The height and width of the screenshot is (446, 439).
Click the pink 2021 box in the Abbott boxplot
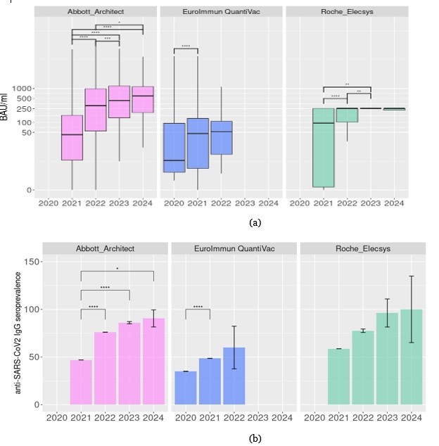71,137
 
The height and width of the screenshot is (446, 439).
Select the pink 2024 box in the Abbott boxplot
143,99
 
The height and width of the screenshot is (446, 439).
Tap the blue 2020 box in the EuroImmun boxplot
174,147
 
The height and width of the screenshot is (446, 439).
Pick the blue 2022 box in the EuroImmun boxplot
221,137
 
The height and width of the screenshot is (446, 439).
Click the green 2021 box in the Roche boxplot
323,147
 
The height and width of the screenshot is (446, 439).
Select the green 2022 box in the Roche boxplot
347,115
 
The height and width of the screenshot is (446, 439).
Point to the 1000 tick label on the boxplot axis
25,88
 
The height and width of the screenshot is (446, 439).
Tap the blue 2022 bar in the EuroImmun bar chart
234,376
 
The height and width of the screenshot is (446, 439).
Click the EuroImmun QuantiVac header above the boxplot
221,12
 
